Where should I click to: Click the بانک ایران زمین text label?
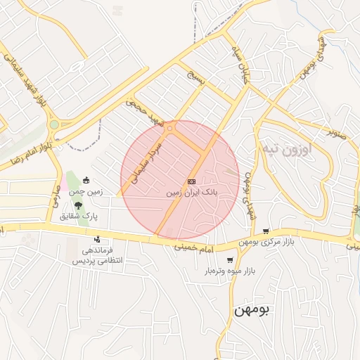coord(192,191)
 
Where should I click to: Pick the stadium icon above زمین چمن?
coord(86,179)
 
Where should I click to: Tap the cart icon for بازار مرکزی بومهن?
coord(265,231)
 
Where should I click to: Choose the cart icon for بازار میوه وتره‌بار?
coord(230,261)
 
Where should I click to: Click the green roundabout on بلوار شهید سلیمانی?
coord(53,124)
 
